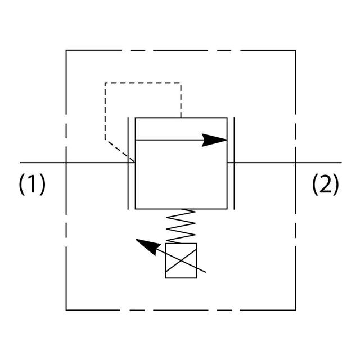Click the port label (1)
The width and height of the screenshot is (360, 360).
coord(32,184)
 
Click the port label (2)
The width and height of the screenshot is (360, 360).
coord(326,184)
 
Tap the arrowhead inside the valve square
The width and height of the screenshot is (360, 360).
coord(214,140)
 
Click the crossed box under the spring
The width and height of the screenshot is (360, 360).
coord(181,260)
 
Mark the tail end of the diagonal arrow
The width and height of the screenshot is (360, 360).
coord(206,273)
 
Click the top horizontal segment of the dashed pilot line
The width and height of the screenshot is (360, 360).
coord(143,83)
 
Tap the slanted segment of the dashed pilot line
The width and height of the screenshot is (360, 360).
coord(120,151)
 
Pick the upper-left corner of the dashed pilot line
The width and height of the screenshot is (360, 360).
coord(105,83)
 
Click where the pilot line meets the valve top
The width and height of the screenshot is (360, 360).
coord(181,118)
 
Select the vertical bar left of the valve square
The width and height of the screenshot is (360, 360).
coord(129,163)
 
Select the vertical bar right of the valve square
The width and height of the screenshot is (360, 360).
coord(233,163)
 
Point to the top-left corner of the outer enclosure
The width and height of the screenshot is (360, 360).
coord(66,51)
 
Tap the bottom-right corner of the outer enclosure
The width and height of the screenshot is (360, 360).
coord(296,309)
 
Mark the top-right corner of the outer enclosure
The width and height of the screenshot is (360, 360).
coord(296,51)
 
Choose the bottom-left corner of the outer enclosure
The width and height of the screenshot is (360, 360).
coord(66,309)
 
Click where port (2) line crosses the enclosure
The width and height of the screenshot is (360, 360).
coord(296,163)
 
